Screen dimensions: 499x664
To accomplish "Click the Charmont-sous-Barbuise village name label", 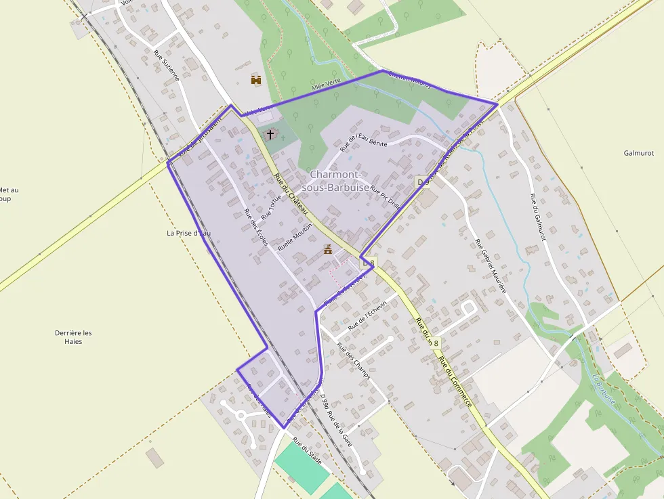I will (x=339, y=180).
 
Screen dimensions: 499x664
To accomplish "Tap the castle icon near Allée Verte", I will (x=256, y=81).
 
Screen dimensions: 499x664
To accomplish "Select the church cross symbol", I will (x=270, y=134).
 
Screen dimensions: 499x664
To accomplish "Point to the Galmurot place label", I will (x=638, y=153).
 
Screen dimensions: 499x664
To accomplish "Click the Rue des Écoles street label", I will (x=256, y=227).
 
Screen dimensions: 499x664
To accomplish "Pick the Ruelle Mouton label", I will (x=295, y=238).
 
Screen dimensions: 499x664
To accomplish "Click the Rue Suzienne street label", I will (x=167, y=66).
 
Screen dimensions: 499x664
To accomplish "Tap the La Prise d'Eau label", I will (x=189, y=233).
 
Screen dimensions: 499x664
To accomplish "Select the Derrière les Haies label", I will (x=73, y=337).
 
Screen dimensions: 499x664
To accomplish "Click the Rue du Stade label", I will (x=307, y=450).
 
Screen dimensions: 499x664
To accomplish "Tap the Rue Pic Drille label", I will (x=386, y=199).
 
